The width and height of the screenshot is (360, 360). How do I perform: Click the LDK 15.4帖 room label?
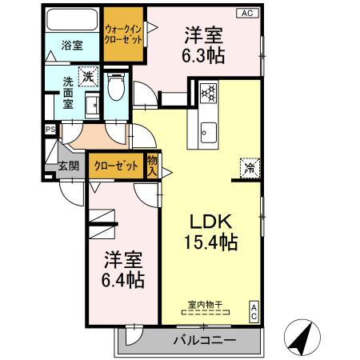214,230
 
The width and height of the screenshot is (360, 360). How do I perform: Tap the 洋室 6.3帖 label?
204,44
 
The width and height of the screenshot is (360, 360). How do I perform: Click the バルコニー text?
205,341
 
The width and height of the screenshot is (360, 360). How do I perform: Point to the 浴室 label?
73,46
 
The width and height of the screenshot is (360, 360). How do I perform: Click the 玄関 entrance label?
68,166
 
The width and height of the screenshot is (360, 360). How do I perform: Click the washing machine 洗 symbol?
90,76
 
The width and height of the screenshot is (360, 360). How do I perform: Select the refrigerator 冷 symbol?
249,169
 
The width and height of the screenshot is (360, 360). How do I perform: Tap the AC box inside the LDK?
254,310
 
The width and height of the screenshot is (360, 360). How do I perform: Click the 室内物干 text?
205,304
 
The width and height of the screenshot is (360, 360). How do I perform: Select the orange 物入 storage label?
152,165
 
